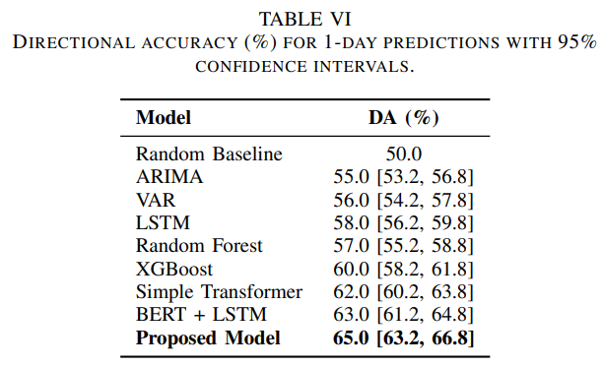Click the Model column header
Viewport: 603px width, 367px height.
pyautogui.click(x=164, y=117)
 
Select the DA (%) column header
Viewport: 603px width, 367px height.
pyautogui.click(x=403, y=117)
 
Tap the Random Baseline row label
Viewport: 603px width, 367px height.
pyautogui.click(x=209, y=153)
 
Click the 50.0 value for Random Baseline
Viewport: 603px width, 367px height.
pyautogui.click(x=404, y=153)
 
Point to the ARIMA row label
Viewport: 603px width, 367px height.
pyautogui.click(x=169, y=176)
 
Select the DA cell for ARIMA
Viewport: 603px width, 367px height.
pyautogui.click(x=403, y=177)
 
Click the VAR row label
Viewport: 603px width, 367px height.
pyautogui.click(x=156, y=200)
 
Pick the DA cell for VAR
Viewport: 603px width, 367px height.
pyautogui.click(x=403, y=200)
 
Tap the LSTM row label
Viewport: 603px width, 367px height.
pyautogui.click(x=163, y=222)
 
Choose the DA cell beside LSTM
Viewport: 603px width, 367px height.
pyautogui.click(x=403, y=223)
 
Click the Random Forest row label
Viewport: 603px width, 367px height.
pyautogui.click(x=199, y=246)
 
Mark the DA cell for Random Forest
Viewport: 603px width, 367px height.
pyautogui.click(x=403, y=246)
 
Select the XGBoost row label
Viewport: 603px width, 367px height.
pyautogui.click(x=174, y=269)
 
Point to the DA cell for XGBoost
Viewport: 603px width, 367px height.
pyautogui.click(x=403, y=270)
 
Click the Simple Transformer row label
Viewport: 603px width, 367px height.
pyautogui.click(x=219, y=292)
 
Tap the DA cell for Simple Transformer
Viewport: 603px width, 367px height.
pyautogui.click(x=403, y=292)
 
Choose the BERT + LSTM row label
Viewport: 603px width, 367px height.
pyautogui.click(x=201, y=315)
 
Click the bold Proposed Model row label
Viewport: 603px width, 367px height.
pyautogui.click(x=208, y=338)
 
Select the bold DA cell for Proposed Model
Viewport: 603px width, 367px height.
pyautogui.click(x=403, y=338)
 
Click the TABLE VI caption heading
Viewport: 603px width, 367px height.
pyautogui.click(x=305, y=20)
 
